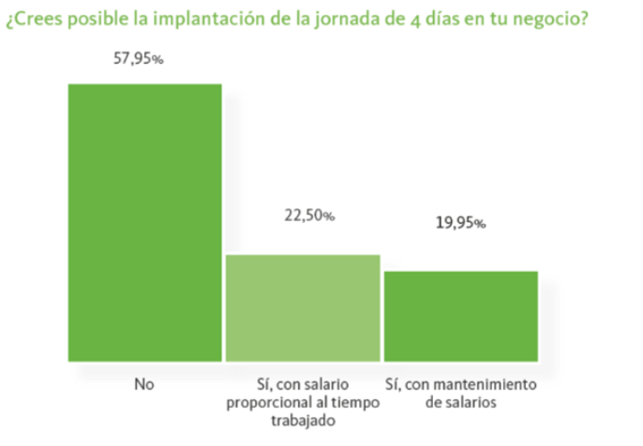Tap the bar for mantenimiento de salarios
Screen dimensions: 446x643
(460, 316)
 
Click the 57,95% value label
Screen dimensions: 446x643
(139, 58)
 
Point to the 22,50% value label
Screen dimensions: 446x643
(308, 215)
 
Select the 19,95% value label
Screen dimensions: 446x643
(459, 223)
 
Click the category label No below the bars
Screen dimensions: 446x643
(144, 385)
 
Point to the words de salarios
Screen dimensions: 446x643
(460, 401)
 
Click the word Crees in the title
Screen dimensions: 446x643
(36, 21)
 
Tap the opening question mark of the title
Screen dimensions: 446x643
(10, 22)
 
